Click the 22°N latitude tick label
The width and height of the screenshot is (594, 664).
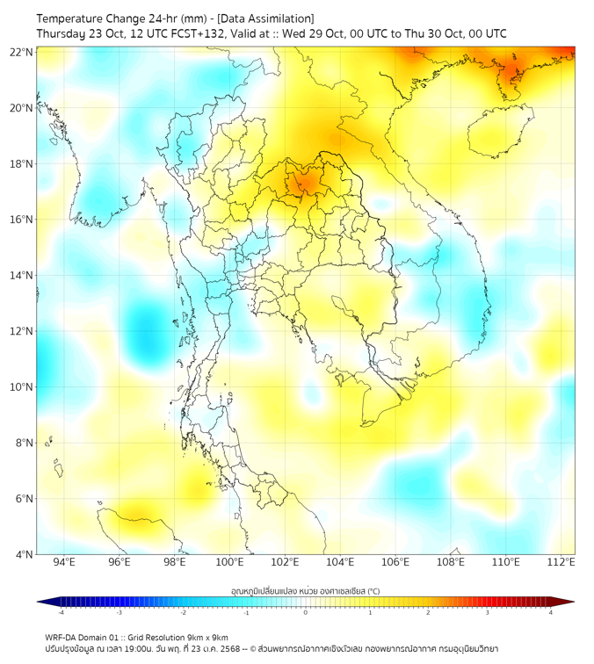click(x=22, y=52)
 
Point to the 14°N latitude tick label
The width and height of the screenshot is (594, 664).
click(x=22, y=275)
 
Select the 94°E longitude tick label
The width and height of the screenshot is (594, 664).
click(x=64, y=563)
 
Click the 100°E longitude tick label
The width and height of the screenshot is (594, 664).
click(x=229, y=563)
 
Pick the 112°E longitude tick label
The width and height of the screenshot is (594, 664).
click(x=561, y=563)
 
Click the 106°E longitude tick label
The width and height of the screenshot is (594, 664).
click(x=395, y=563)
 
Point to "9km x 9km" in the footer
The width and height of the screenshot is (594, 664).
click(x=207, y=637)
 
